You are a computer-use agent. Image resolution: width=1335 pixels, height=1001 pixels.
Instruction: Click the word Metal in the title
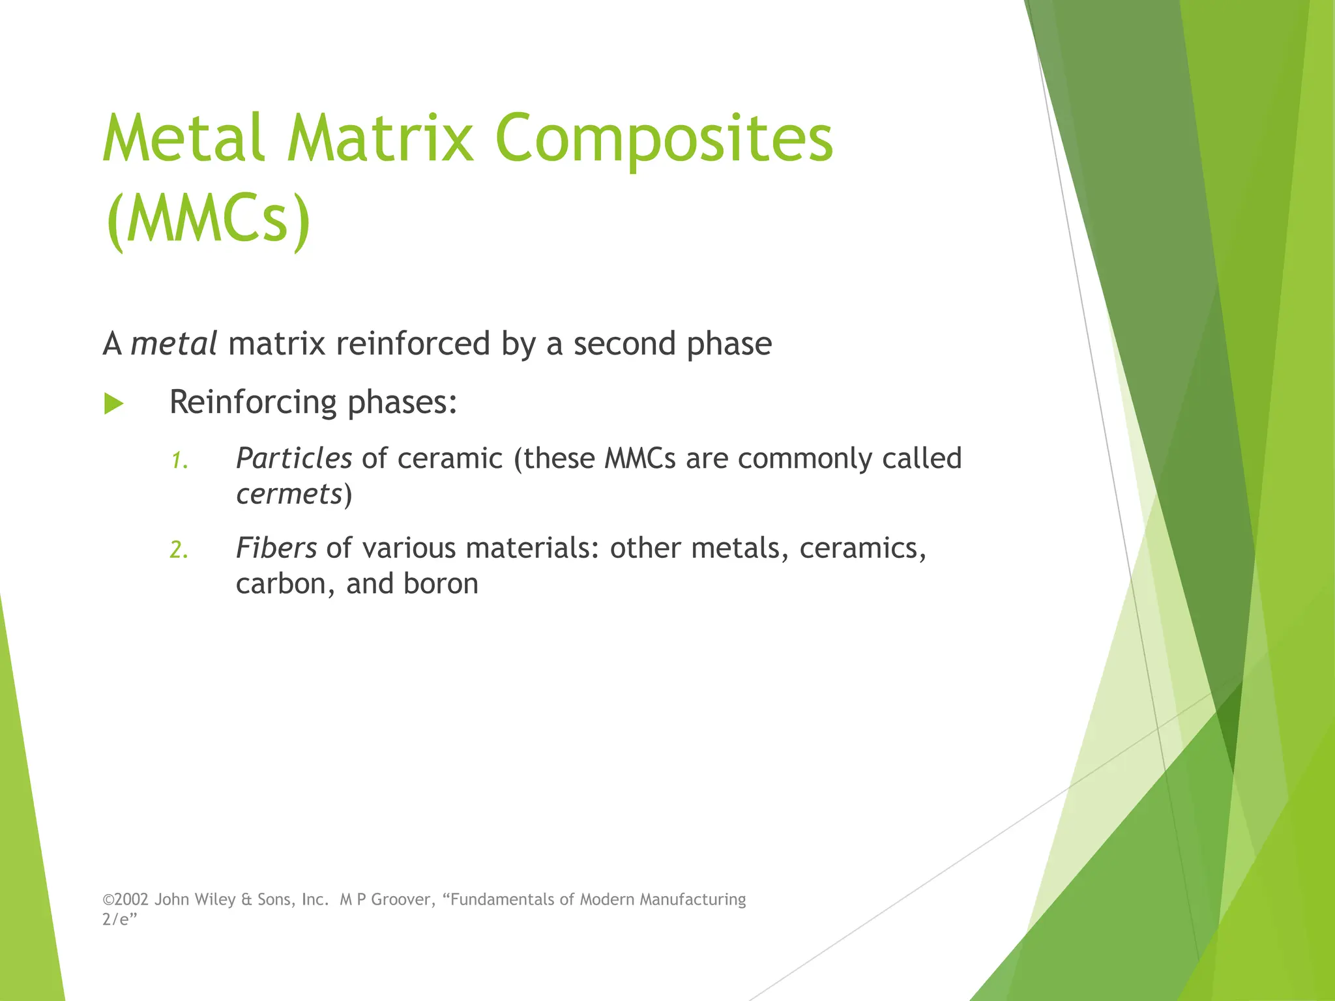click(x=183, y=138)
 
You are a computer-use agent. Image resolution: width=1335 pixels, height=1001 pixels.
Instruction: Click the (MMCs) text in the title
click(x=208, y=220)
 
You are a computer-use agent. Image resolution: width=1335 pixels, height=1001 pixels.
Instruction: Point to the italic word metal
click(x=173, y=343)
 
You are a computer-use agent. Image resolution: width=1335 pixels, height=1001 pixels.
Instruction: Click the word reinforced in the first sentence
click(x=413, y=343)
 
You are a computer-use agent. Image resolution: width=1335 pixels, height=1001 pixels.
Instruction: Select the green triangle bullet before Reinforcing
click(x=113, y=403)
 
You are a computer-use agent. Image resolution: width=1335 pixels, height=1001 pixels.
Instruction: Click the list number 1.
click(x=179, y=461)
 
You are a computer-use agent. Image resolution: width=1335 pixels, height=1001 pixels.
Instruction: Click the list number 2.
click(x=179, y=551)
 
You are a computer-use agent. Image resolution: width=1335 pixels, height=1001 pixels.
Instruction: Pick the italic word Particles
click(x=294, y=459)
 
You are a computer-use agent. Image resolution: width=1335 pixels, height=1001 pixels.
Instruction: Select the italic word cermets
click(x=289, y=494)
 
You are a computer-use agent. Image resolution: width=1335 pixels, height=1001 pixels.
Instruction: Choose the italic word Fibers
click(x=276, y=548)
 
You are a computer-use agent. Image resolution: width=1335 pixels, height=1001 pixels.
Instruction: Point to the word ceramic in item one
click(x=450, y=459)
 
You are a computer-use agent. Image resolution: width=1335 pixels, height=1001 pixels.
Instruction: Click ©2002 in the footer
click(x=126, y=899)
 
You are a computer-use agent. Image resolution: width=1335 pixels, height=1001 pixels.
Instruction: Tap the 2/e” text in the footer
click(x=119, y=919)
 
